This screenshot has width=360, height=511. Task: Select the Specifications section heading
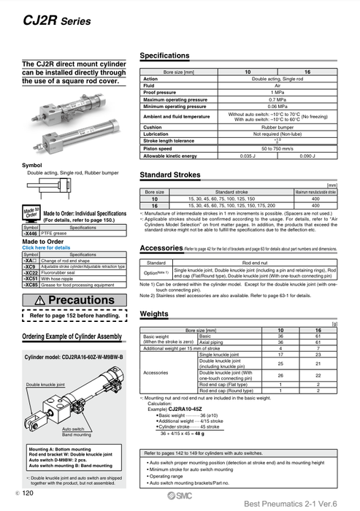[x=164, y=56]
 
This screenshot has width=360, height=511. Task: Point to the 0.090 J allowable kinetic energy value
[x=307, y=155]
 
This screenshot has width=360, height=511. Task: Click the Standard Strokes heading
[x=175, y=175]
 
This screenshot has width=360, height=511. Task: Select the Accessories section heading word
[x=161, y=248]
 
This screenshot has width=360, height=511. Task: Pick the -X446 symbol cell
[x=31, y=233]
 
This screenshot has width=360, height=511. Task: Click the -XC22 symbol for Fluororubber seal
[x=31, y=272]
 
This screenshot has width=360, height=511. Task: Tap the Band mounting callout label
[x=77, y=434]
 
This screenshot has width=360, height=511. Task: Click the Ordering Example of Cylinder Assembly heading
[x=72, y=336]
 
